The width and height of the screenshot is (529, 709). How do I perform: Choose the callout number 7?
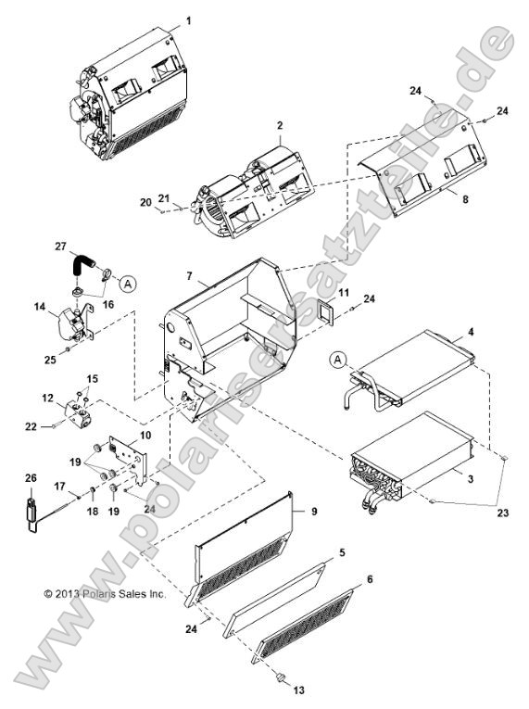pyautogui.click(x=190, y=277)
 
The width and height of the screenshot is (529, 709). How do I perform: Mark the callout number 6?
pyautogui.click(x=371, y=577)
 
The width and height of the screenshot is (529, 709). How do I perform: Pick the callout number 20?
pyautogui.click(x=145, y=203)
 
